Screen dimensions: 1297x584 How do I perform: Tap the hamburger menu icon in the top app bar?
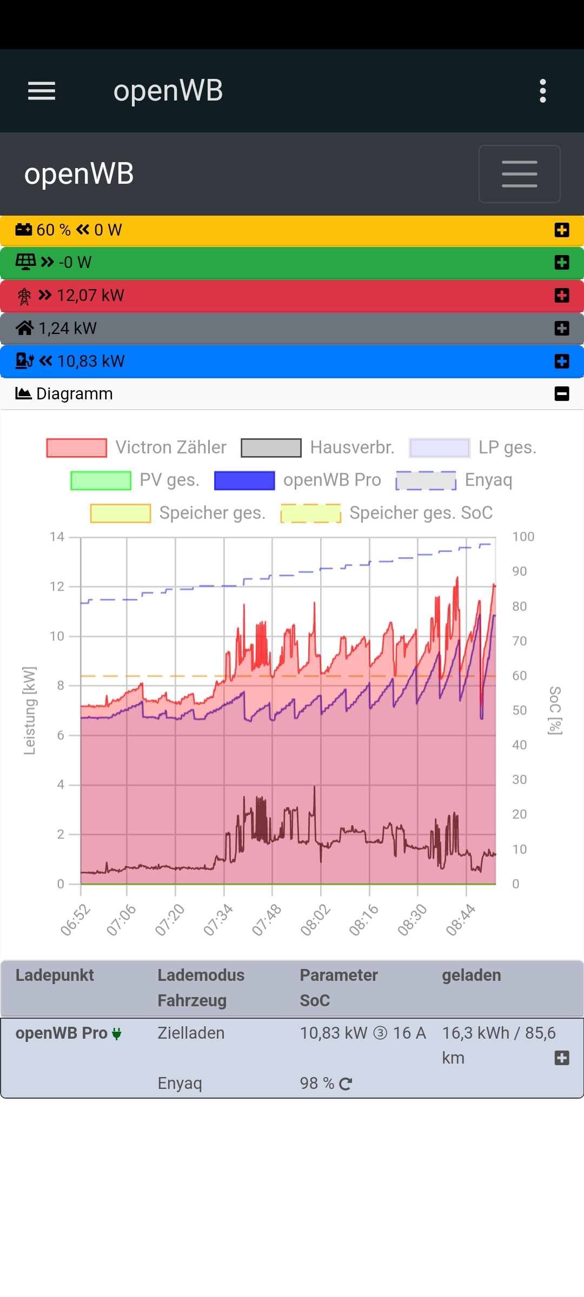click(42, 91)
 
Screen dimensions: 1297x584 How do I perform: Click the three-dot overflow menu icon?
click(543, 91)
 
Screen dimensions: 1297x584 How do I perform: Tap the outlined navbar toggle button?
click(519, 174)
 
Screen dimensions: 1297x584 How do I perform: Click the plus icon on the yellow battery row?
click(562, 230)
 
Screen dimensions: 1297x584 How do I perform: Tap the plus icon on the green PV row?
click(562, 263)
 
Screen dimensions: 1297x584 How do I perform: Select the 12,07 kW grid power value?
click(90, 296)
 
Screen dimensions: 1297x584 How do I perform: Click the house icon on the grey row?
click(25, 328)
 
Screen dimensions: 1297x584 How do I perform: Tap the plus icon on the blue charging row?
click(562, 362)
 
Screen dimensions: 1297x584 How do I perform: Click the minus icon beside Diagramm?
click(562, 394)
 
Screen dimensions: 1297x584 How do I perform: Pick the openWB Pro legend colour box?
click(244, 480)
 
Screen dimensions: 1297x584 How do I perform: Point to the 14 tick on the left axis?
click(57, 537)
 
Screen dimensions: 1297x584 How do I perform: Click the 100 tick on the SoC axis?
click(523, 537)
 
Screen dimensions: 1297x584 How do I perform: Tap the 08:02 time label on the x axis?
click(315, 920)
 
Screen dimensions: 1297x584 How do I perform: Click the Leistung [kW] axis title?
click(30, 711)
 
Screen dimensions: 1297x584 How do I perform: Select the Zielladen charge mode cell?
click(191, 1033)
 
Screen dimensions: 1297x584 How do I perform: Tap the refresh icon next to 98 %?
click(346, 1084)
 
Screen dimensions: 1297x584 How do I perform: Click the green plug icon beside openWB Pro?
click(117, 1034)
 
